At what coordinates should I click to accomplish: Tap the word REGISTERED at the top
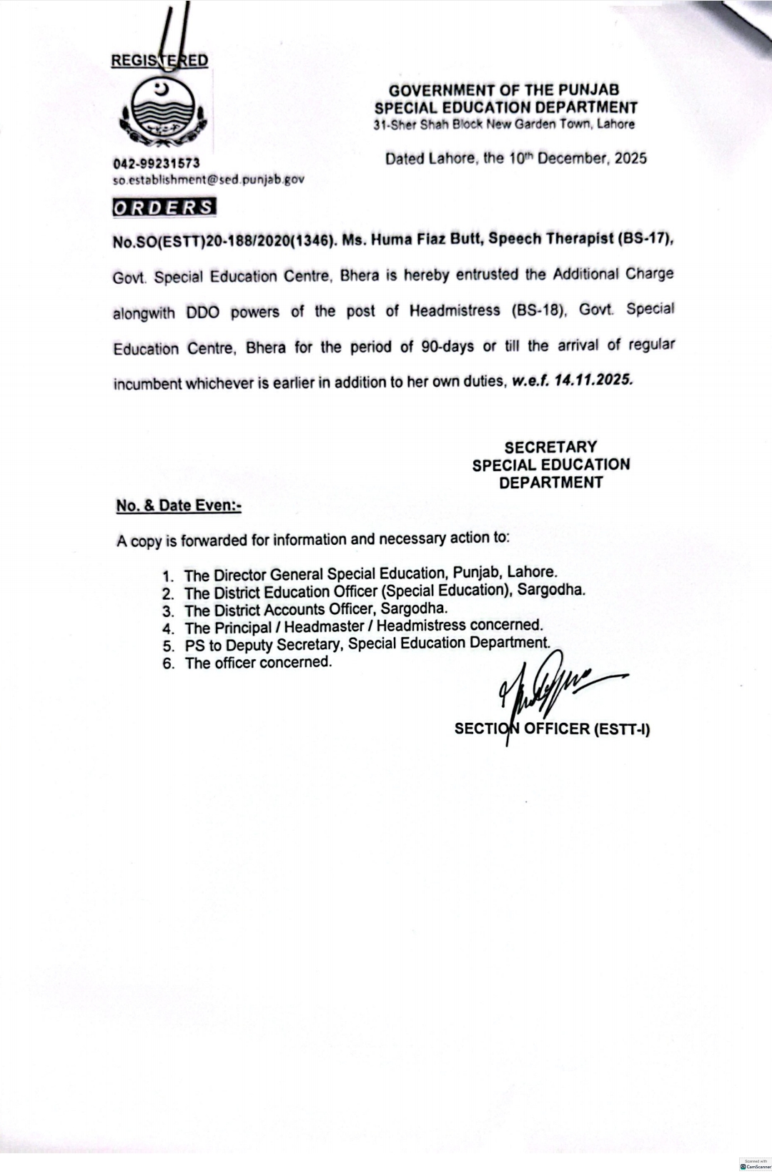[x=159, y=61]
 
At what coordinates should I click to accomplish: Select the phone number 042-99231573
[x=156, y=164]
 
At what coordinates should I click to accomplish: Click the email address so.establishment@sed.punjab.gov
[x=208, y=179]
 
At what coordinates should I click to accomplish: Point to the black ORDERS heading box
[x=164, y=207]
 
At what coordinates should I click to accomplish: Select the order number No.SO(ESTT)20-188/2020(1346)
[x=224, y=242]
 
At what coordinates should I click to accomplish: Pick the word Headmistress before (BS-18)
[x=455, y=311]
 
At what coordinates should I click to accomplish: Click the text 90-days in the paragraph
[x=447, y=347]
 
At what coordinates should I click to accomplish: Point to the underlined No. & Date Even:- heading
[x=179, y=505]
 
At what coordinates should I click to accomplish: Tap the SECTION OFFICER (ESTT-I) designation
[x=552, y=729]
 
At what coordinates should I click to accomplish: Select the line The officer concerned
[x=258, y=663]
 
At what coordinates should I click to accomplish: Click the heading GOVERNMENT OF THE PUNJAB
[x=504, y=90]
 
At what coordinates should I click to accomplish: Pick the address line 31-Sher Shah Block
[x=504, y=124]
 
